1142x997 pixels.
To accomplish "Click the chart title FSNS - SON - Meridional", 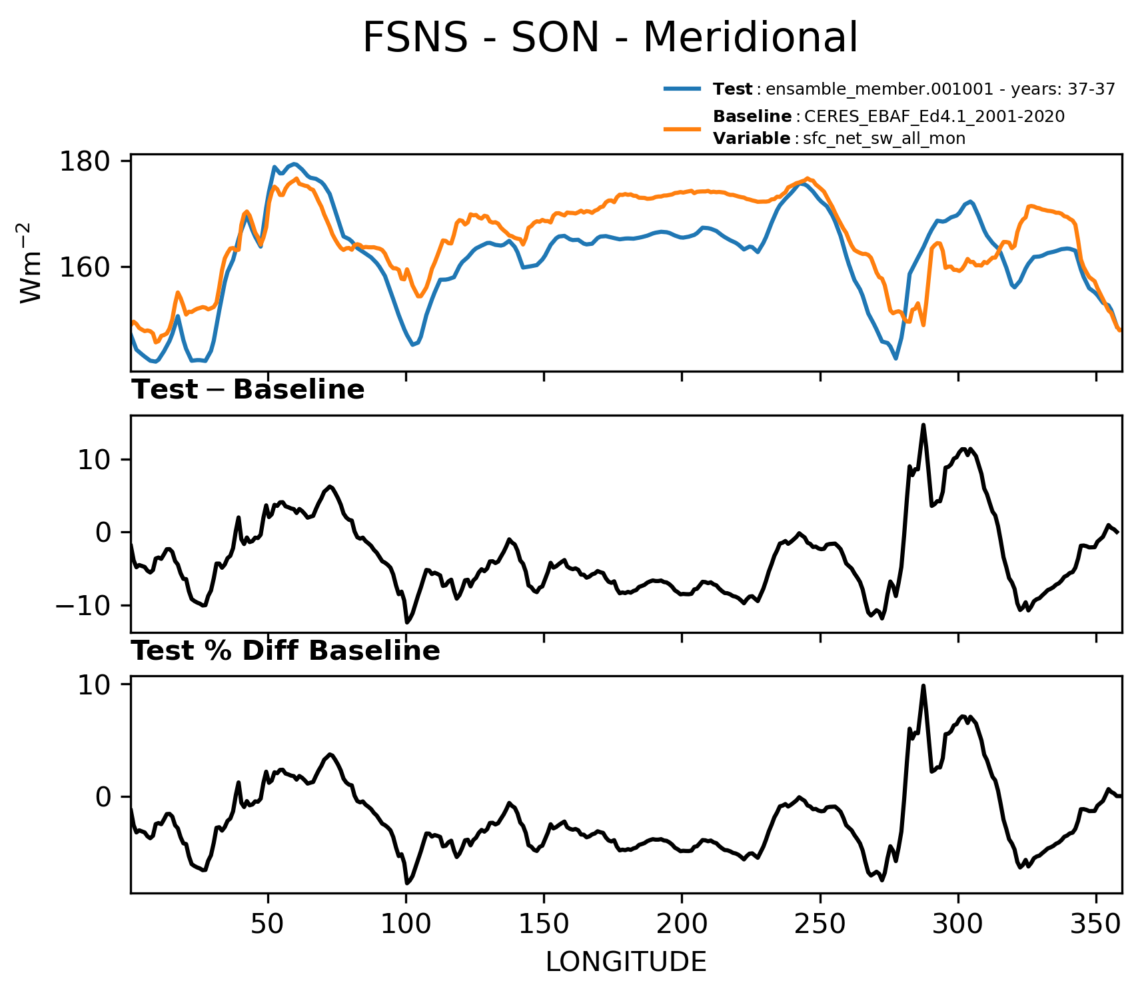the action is [x=610, y=37].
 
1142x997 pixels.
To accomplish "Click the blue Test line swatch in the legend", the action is [x=682, y=89].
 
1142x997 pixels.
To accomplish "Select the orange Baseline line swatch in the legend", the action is [x=682, y=127].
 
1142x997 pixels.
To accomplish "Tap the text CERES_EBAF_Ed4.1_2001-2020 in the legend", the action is [x=935, y=117].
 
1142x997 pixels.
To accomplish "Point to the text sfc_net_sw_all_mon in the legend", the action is [x=884, y=139].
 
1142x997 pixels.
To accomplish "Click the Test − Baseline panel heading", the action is [x=248, y=390].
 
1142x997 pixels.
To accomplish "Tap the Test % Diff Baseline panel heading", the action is [x=286, y=651].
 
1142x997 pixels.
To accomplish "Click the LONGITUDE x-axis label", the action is [x=626, y=962].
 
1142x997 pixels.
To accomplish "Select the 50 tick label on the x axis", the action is [x=268, y=924].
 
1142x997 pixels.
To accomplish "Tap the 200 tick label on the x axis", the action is [x=682, y=924].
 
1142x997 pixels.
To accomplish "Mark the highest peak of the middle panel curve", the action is [x=923, y=425].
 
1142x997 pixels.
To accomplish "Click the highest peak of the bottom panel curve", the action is [x=923, y=685].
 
